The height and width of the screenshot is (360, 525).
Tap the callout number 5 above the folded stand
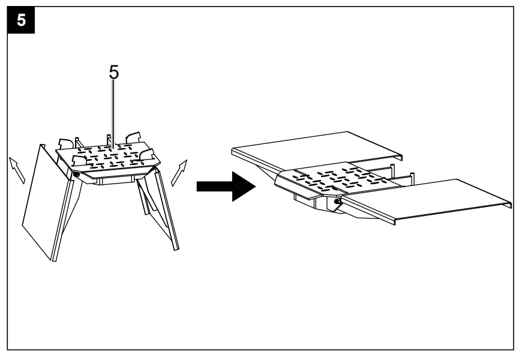(113, 73)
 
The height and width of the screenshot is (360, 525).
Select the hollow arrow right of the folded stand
(180, 172)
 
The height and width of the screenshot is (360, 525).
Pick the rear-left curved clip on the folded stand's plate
(67, 143)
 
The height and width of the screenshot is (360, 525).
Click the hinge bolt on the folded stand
(76, 175)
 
